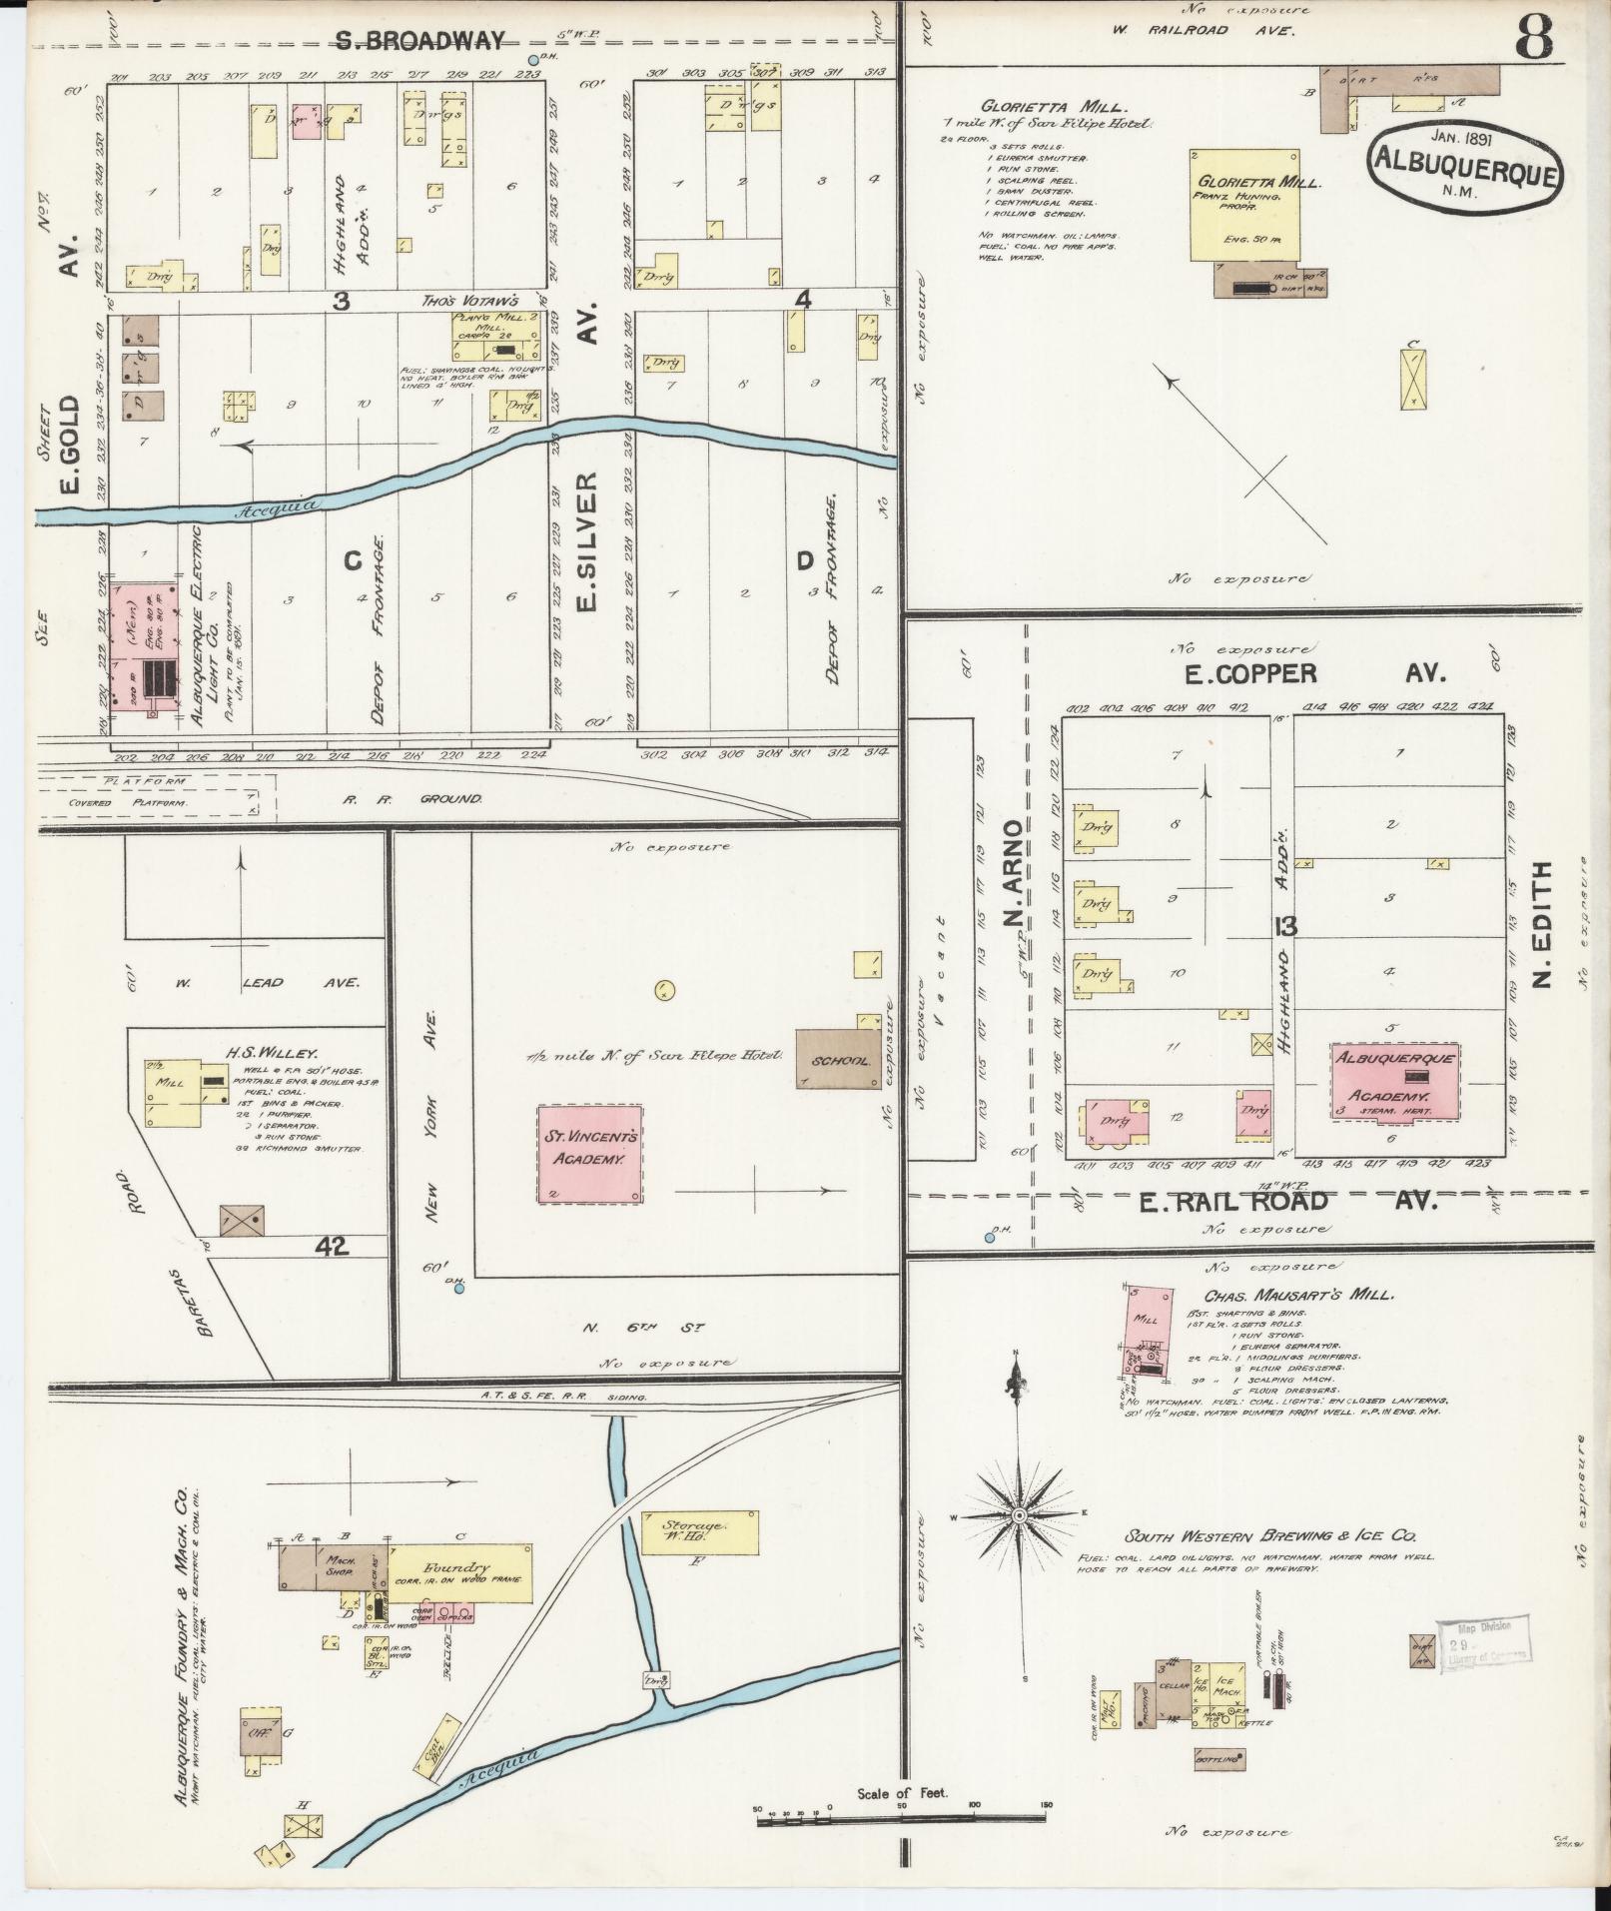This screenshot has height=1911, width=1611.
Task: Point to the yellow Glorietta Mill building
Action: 1244,206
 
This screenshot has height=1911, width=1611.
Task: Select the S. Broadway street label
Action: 419,41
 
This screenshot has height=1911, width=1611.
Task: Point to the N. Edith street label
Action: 1543,924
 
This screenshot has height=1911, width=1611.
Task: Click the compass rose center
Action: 1019,1545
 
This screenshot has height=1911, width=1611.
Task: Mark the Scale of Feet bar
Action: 901,1821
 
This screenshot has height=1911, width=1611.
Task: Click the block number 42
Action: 331,1245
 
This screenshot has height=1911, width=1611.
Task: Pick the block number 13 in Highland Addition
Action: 1284,926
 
